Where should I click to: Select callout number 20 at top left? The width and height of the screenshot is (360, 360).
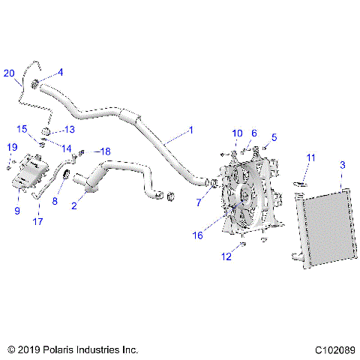click(9, 73)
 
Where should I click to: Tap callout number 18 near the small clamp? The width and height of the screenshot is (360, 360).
click(105, 151)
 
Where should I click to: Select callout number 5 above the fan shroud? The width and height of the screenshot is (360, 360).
click(274, 137)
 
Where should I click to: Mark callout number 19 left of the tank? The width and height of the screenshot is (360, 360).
click(11, 146)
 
